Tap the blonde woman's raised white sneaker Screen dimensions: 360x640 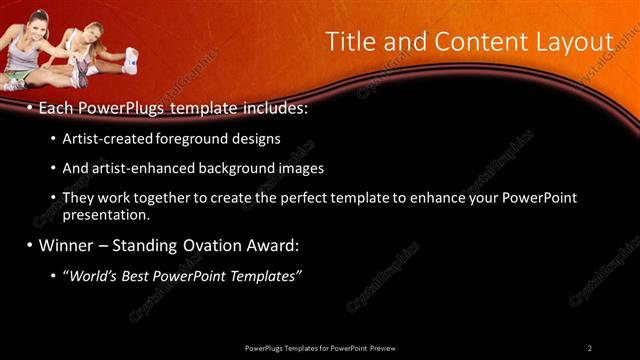click(x=130, y=60)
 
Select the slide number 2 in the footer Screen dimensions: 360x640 click(x=589, y=348)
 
